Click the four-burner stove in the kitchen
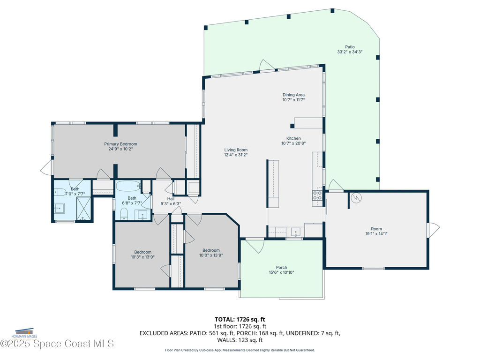[x=317, y=195]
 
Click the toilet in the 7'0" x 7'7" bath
[x=60, y=192]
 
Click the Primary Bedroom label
[x=120, y=144]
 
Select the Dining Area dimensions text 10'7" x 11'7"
[x=293, y=100]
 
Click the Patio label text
[x=350, y=47]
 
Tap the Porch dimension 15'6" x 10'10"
[x=281, y=272]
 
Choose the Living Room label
[x=235, y=150]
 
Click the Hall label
[x=171, y=199]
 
